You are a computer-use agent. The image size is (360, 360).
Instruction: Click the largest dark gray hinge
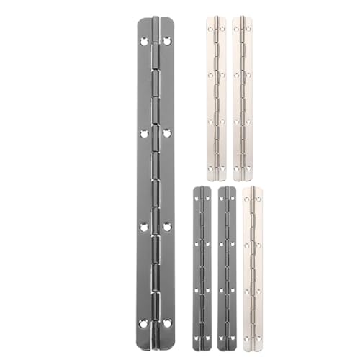point(156,180)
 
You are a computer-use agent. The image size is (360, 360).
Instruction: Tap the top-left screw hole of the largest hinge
point(144,42)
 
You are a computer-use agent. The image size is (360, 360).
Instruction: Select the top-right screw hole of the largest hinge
point(167,42)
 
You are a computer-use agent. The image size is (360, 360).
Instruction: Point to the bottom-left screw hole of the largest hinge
point(144,322)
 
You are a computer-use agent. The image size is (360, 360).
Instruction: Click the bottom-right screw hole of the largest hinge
point(167,322)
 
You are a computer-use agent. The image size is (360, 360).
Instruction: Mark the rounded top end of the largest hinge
point(156,22)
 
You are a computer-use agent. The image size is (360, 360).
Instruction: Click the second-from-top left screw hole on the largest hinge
point(144,132)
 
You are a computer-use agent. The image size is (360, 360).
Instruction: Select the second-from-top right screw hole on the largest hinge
point(167,132)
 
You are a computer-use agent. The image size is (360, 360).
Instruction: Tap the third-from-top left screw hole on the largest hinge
point(144,227)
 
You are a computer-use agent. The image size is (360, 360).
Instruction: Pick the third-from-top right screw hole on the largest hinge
point(167,227)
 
